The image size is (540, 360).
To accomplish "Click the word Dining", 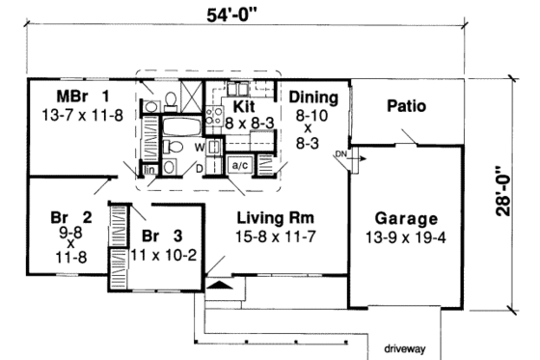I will (312, 97).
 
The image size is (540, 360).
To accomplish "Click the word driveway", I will (407, 345).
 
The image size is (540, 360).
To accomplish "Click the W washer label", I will (199, 147).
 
